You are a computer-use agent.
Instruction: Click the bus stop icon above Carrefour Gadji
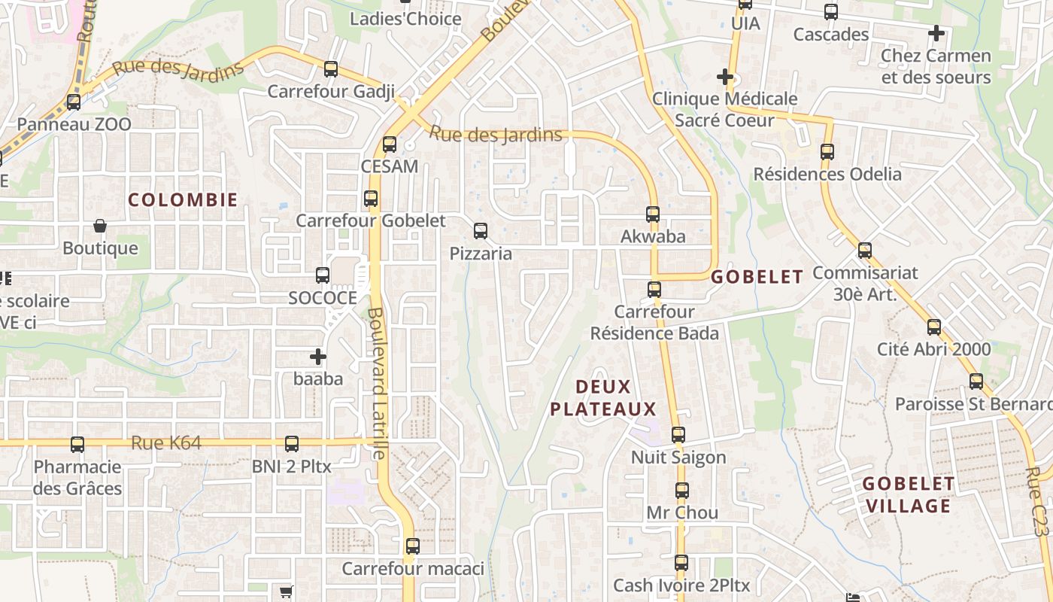[331, 69]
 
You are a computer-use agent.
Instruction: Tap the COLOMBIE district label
[183, 200]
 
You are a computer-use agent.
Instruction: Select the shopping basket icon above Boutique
[99, 226]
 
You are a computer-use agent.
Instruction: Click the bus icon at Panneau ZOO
[74, 102]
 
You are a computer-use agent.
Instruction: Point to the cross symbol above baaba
[318, 357]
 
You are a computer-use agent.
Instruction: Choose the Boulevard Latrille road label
[378, 383]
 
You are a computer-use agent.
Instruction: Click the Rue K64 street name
[166, 443]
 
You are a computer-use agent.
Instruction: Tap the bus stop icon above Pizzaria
[481, 231]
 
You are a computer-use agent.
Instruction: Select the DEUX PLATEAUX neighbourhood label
[603, 398]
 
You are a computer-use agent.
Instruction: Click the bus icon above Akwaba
[653, 214]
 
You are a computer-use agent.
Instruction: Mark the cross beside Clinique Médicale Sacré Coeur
[725, 77]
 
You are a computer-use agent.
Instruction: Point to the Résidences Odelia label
[827, 175]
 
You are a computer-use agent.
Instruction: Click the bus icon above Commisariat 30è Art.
[865, 251]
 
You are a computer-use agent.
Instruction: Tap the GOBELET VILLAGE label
[909, 494]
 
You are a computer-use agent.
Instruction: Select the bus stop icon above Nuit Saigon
[678, 435]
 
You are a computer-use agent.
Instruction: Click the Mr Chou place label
[682, 513]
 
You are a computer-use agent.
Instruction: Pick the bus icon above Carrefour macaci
[413, 546]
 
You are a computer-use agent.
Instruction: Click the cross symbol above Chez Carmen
[936, 33]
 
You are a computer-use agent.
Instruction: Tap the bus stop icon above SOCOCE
[323, 275]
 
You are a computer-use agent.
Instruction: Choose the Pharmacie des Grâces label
[77, 478]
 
